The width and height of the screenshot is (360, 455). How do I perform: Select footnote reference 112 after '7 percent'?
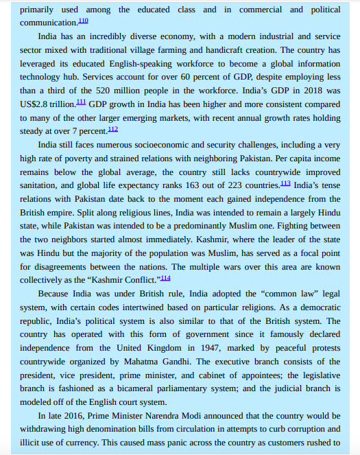tap(113, 128)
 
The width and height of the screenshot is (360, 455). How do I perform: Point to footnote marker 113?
tap(285, 183)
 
